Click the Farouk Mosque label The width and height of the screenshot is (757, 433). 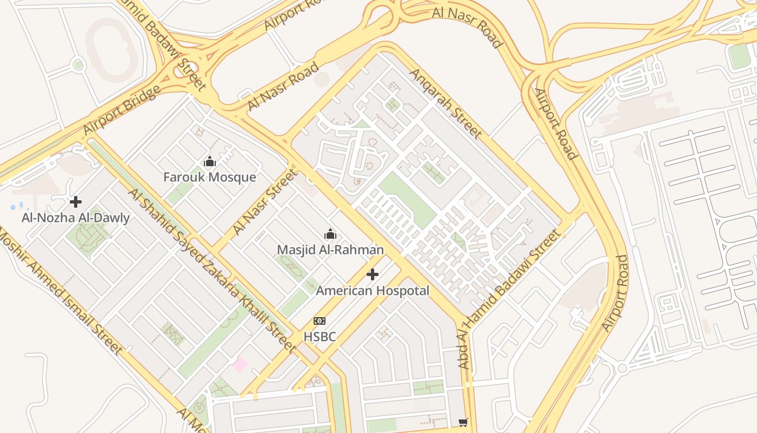coord(210,177)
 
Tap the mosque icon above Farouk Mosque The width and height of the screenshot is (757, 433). coord(210,161)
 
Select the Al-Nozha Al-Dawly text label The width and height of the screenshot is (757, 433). coord(76,218)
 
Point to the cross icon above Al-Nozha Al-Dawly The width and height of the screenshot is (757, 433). coord(76,202)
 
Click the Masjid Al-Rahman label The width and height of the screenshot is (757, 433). coord(330,250)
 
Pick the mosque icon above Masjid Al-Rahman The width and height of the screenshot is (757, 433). coord(330,234)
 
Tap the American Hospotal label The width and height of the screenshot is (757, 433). coord(373,291)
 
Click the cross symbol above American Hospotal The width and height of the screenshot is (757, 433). coord(373,274)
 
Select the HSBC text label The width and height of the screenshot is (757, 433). coord(320,337)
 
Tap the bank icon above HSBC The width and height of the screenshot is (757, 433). coord(320,321)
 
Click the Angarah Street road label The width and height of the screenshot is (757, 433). coord(446,103)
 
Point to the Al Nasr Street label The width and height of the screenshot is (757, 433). coord(265,202)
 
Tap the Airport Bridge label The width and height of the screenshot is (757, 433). coord(122,110)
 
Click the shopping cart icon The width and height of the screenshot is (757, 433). coord(463,422)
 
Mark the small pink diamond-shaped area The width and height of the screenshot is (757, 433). coord(240,364)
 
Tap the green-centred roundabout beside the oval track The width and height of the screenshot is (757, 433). coord(78,65)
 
